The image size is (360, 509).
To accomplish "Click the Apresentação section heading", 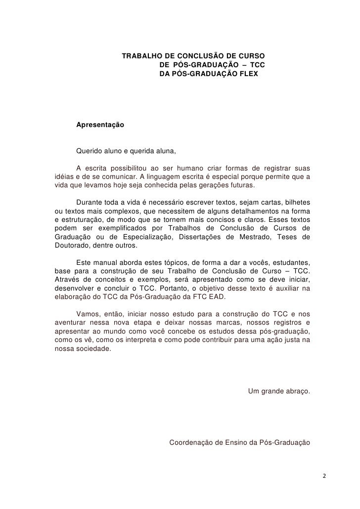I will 100,126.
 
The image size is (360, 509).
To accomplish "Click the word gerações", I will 203,185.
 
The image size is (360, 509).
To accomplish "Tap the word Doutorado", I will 71,246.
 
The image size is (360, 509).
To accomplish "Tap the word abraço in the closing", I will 295,392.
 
